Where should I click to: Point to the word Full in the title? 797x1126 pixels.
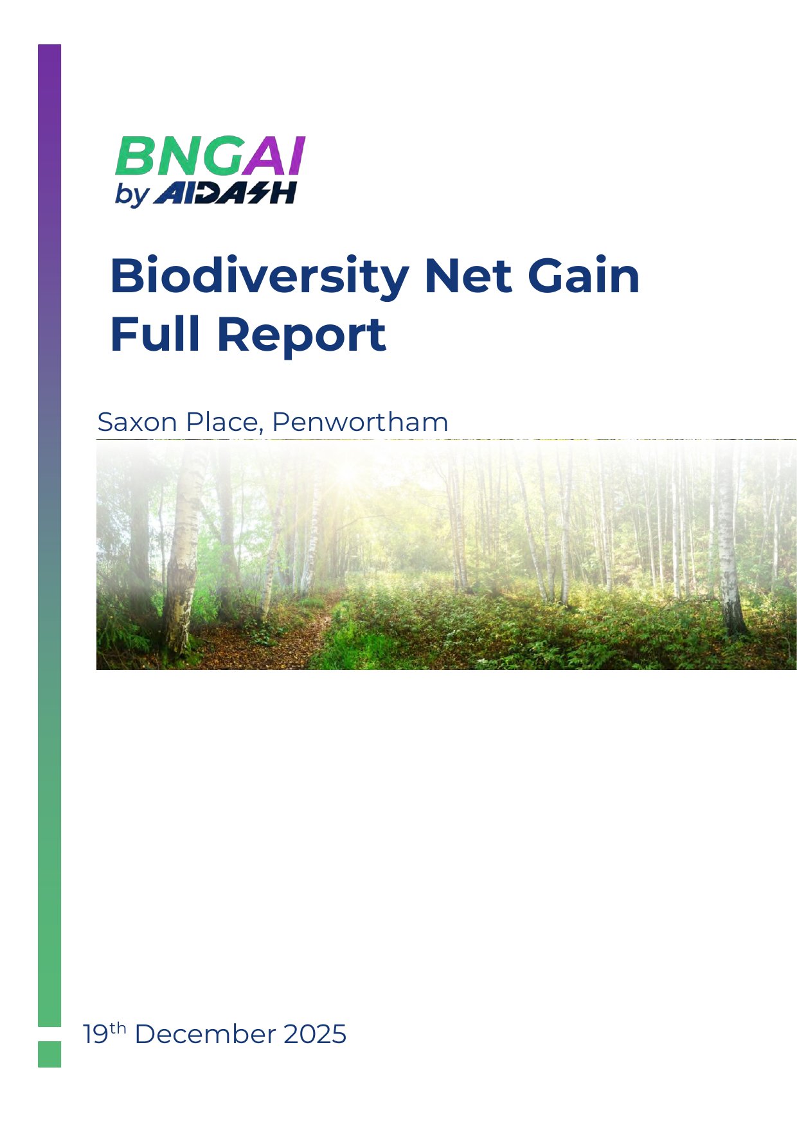pyautogui.click(x=156, y=334)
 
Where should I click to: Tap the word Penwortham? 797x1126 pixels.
pyautogui.click(x=360, y=422)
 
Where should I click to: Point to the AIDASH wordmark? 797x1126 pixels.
pyautogui.click(x=225, y=193)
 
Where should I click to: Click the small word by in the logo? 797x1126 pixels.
pyautogui.click(x=132, y=195)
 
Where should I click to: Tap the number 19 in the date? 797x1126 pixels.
pyautogui.click(x=96, y=1035)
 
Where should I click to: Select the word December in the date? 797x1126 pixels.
pyautogui.click(x=205, y=1035)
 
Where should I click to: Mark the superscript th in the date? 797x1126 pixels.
pyautogui.click(x=118, y=1029)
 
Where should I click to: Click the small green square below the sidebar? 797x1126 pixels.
pyautogui.click(x=49, y=1054)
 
